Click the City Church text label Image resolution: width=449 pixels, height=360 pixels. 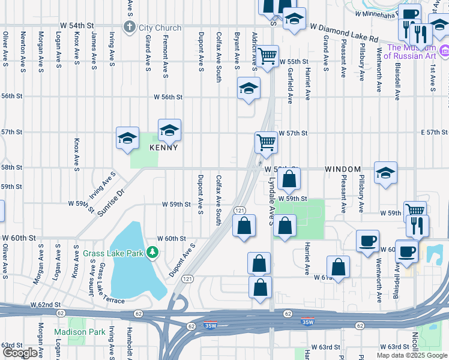point(160,28)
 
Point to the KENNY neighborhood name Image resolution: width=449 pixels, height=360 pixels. point(164,147)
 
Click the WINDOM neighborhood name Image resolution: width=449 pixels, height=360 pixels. point(343,170)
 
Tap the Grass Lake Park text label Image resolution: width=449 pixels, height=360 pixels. point(115,253)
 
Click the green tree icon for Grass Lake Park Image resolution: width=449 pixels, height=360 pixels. point(153,253)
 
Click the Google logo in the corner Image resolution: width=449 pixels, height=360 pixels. point(20,353)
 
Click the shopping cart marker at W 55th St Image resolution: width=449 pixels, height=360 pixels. point(268,56)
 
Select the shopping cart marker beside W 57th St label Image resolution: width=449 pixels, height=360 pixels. point(267,142)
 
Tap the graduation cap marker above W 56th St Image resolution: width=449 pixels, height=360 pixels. point(249,88)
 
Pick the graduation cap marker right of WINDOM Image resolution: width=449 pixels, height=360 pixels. point(385,172)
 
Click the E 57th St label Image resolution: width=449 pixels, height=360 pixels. point(434,132)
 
